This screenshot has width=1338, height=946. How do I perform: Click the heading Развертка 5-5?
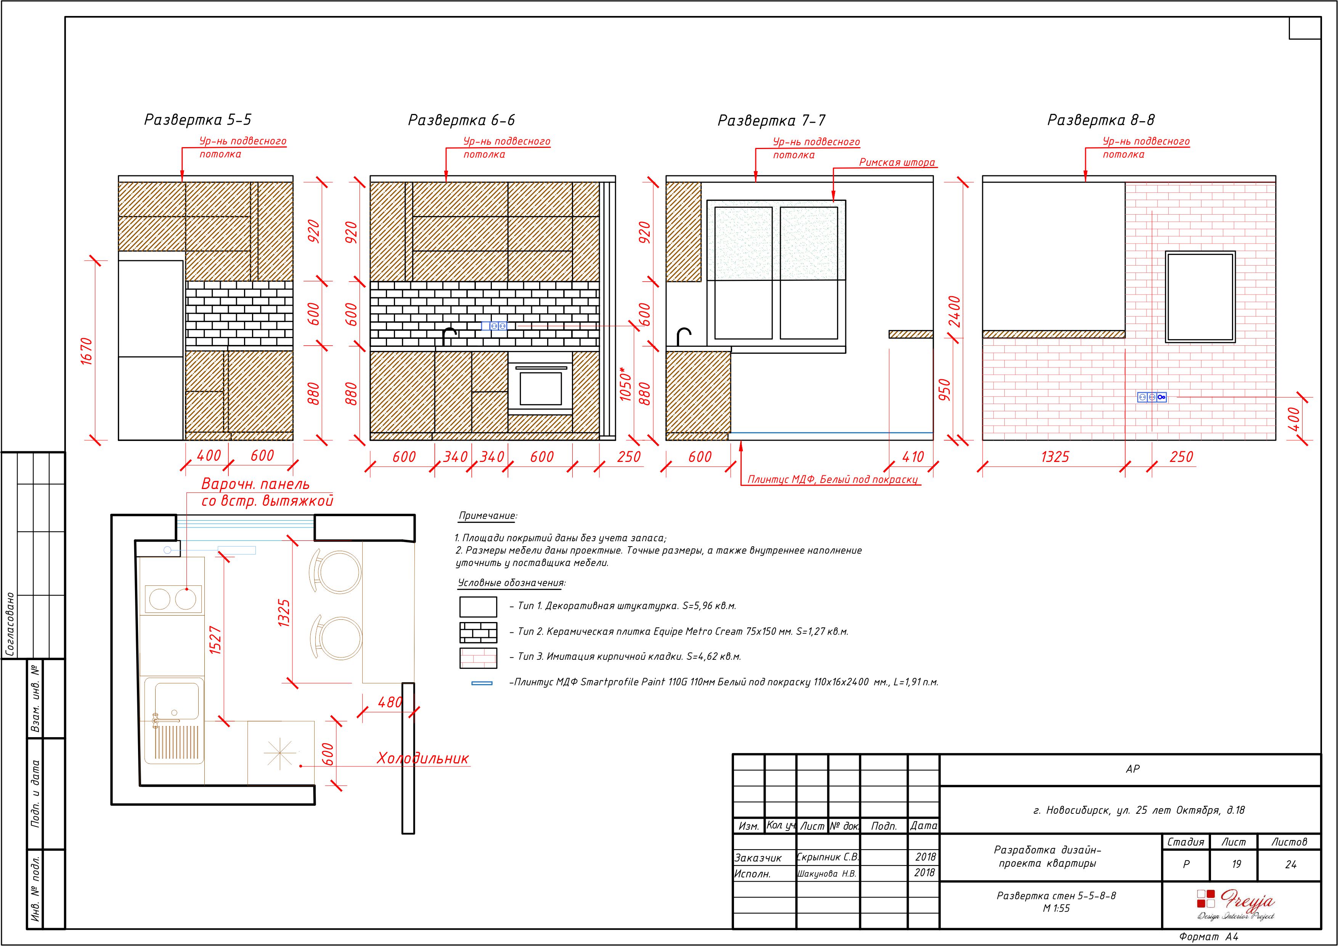(x=198, y=120)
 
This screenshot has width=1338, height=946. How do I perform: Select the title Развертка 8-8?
(x=1101, y=120)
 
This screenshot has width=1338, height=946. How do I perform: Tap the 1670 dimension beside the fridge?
(x=86, y=351)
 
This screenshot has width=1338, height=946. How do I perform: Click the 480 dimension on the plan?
(x=390, y=702)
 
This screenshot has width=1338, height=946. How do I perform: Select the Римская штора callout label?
(x=898, y=162)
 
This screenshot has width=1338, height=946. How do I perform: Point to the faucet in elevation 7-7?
(x=684, y=336)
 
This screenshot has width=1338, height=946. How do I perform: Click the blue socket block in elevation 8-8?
(x=1152, y=397)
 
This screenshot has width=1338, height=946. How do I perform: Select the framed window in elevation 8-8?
(x=1200, y=297)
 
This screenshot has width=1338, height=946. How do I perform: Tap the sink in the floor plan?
(x=174, y=721)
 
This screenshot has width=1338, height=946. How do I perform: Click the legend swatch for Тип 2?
(x=479, y=632)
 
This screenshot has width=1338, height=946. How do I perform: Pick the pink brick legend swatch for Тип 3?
(x=479, y=657)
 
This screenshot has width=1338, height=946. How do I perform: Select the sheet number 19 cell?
(x=1236, y=864)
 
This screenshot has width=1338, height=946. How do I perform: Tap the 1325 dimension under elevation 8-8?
(x=1055, y=457)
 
